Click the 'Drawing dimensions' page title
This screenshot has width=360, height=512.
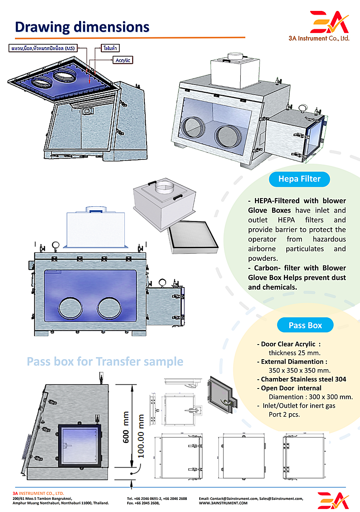[x=82, y=27]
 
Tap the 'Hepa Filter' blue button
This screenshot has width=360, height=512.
[x=300, y=179]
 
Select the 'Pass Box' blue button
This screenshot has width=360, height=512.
[x=305, y=325]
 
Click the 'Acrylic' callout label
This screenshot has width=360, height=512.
[x=123, y=60]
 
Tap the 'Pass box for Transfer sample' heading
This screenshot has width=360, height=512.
[x=105, y=361]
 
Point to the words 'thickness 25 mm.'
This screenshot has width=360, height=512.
[x=295, y=352]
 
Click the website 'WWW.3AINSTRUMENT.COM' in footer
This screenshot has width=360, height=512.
[x=223, y=503]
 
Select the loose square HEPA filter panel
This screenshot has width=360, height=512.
[x=193, y=237]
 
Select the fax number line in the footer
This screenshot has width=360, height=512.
[x=143, y=503]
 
